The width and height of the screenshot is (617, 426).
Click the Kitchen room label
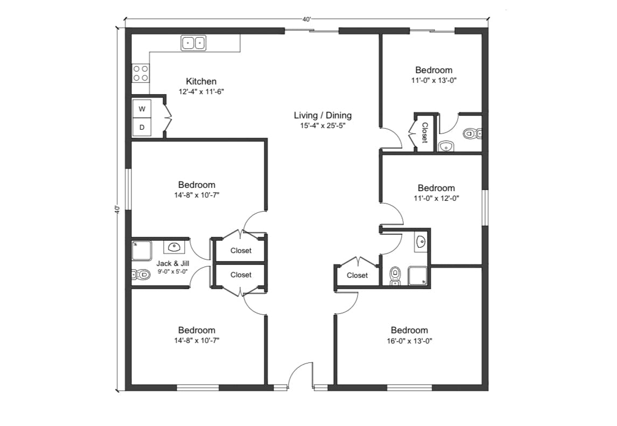coord(201,81)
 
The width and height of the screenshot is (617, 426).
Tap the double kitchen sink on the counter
coord(193,43)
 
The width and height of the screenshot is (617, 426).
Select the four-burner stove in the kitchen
coord(141,73)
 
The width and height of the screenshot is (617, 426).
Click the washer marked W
coord(142,109)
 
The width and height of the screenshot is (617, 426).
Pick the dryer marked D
coord(142,128)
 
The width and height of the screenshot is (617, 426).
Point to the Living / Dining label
coord(322,115)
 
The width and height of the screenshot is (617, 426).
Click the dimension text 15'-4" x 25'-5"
coord(322,125)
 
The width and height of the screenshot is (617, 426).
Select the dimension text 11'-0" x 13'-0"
coord(433,80)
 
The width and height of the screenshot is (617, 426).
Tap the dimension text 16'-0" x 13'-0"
coord(409,340)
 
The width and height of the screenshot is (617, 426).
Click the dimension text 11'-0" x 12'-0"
coord(436,198)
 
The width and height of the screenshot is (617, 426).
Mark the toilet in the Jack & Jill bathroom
coord(141,275)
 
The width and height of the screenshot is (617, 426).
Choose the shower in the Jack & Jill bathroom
coord(142,250)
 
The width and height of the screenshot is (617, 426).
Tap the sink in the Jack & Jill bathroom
coord(174,247)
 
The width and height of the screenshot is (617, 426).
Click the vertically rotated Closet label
coord(424,132)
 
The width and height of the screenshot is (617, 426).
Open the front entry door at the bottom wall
coord(300,377)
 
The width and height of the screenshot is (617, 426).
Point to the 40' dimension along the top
coord(306,19)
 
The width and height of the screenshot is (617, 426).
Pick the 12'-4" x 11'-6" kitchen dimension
coord(201,92)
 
